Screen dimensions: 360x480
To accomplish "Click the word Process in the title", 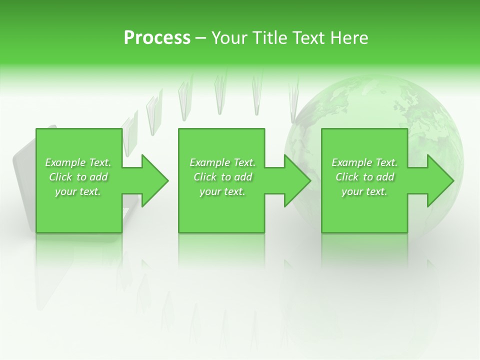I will (157, 38).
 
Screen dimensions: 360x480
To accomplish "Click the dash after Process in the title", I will (200, 38).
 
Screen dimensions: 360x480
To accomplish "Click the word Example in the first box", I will (65, 162).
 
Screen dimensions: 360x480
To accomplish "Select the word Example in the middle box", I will (209, 162).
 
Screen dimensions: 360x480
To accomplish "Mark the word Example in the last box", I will (351, 162).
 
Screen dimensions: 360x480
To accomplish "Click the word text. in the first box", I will (90, 191).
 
